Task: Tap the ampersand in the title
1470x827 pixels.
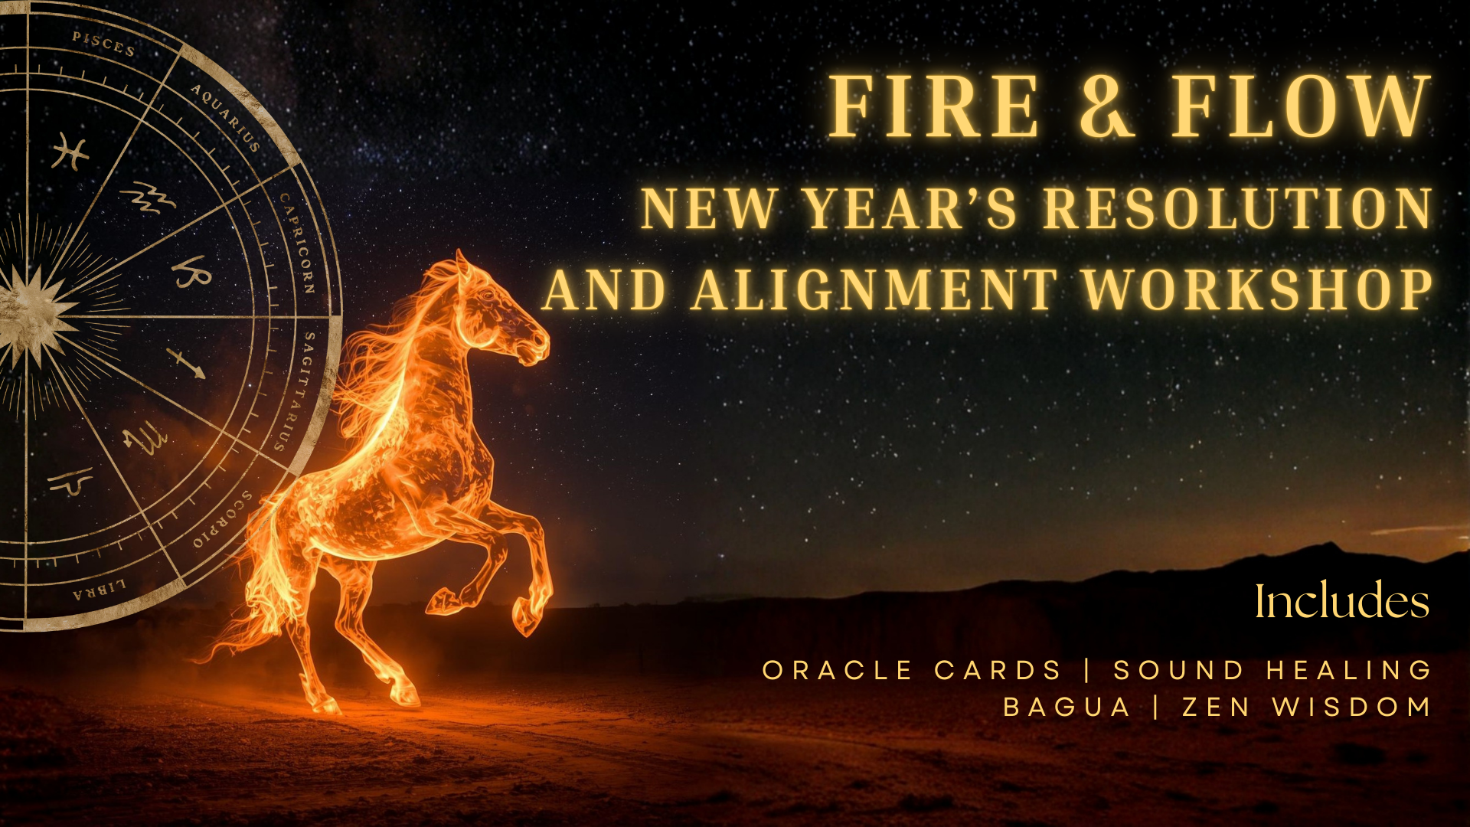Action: (x=1106, y=107)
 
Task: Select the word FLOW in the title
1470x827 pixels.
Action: (x=1300, y=107)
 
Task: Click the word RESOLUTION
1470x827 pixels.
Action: (x=1238, y=209)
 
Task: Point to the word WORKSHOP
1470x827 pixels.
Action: (x=1257, y=290)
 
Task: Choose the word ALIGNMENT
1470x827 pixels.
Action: (x=874, y=290)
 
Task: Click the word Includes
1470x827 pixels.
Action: (x=1341, y=601)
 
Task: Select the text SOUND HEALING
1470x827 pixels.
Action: (x=1272, y=671)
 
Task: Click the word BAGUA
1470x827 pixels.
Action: (x=1067, y=707)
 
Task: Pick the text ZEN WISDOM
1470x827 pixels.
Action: (x=1306, y=707)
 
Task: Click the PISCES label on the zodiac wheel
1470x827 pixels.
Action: (x=104, y=44)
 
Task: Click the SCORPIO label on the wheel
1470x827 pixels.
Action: (x=223, y=520)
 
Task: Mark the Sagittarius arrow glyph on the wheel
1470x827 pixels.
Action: (x=186, y=363)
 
